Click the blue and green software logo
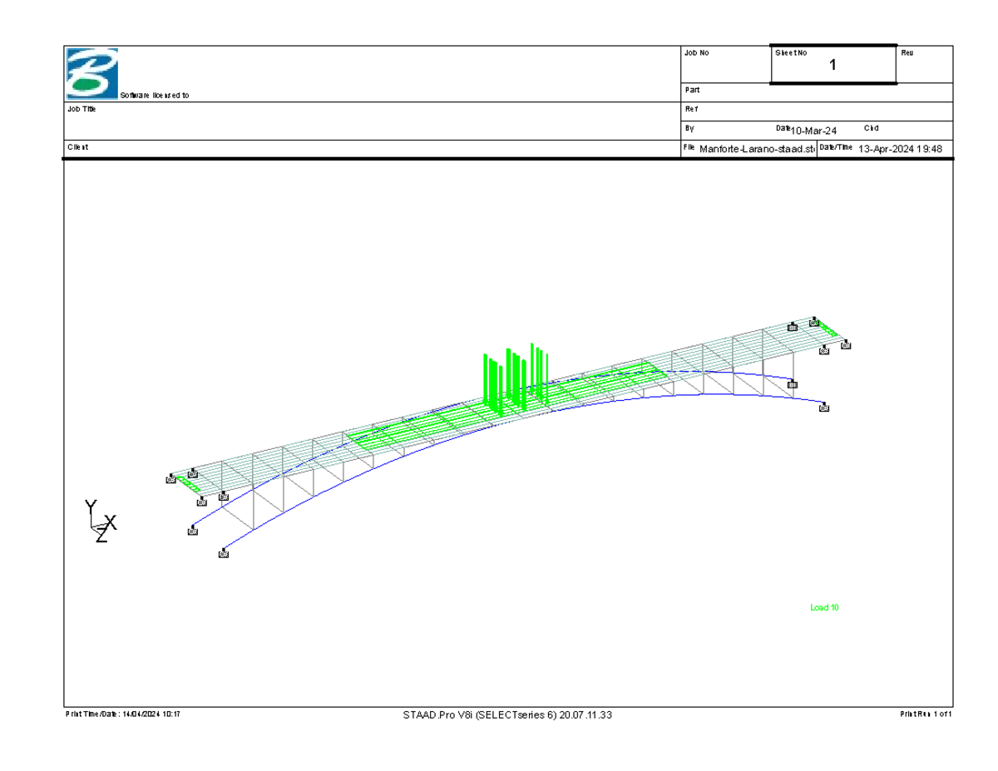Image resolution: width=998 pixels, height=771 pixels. (x=92, y=73)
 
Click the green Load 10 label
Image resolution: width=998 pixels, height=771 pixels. (x=824, y=608)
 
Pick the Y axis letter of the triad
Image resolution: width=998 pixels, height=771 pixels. (x=91, y=507)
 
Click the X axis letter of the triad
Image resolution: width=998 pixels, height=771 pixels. (x=111, y=523)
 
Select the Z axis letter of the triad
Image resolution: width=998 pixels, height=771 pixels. (x=101, y=536)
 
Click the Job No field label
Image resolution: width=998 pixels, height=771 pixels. (x=696, y=52)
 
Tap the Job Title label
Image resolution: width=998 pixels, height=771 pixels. (x=82, y=109)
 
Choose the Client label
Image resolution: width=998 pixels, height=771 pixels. (x=77, y=147)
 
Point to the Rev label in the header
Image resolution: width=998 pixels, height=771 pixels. (x=907, y=52)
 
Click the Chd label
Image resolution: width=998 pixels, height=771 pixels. (x=871, y=128)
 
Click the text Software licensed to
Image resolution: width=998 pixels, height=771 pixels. (x=155, y=96)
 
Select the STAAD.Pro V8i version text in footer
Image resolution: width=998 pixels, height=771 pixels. (x=507, y=714)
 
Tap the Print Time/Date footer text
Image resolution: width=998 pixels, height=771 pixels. (x=122, y=714)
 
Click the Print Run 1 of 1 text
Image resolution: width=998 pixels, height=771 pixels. (x=926, y=714)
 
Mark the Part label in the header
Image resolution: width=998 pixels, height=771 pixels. (x=691, y=90)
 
